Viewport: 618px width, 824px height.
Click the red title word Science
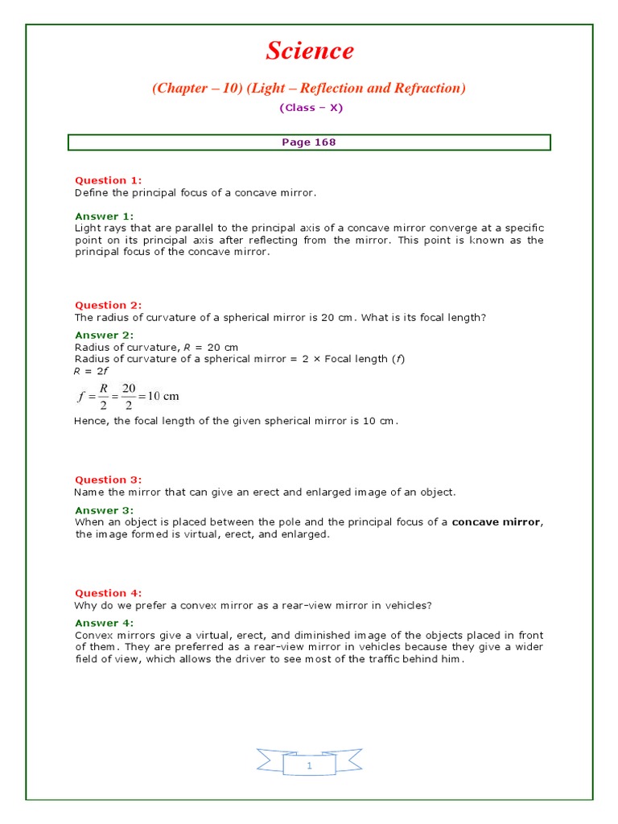point(310,51)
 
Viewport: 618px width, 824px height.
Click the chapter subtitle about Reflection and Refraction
point(309,88)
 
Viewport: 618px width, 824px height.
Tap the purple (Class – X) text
point(310,108)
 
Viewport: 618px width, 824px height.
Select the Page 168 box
point(309,142)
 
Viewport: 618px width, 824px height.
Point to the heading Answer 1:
point(105,216)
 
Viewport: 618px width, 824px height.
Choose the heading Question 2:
point(108,305)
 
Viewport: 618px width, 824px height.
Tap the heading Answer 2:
point(105,335)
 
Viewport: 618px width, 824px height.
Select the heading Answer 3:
point(105,510)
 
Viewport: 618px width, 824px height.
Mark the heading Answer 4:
point(105,623)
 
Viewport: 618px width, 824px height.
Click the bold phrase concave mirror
point(496,522)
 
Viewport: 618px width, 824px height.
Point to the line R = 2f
point(86,371)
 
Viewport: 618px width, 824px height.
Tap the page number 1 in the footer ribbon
point(309,766)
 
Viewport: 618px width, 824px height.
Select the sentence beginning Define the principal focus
point(196,192)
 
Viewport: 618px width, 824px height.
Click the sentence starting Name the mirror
point(264,492)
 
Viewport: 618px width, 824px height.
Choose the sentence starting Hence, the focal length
point(236,421)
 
